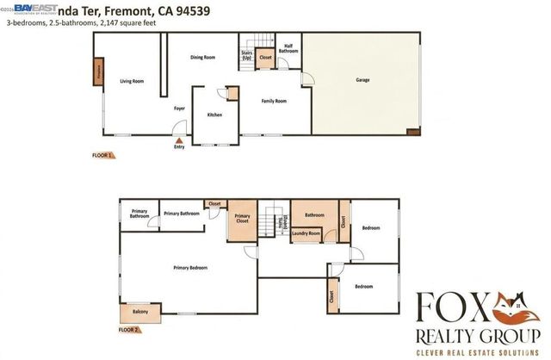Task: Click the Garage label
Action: pos(362,80)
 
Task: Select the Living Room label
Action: pos(132,81)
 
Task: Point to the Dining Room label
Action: pos(202,58)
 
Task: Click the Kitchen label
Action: pos(215,115)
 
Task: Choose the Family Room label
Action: pos(274,101)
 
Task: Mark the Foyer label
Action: pos(179,109)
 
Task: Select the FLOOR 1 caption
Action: pos(102,155)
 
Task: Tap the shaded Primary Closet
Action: pos(242,219)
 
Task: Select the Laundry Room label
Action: pos(306,233)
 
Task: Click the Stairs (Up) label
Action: pos(246,55)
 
